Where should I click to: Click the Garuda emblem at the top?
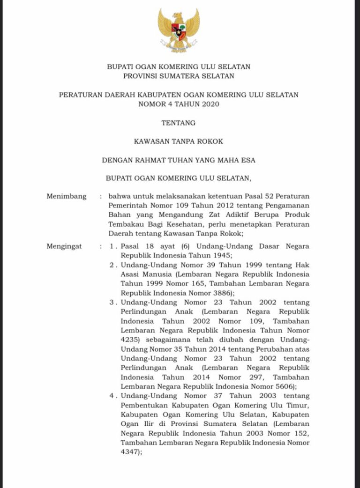(179, 30)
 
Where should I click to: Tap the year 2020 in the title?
(209, 104)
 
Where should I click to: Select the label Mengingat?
(65, 246)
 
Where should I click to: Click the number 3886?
(220, 293)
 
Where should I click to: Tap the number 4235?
(129, 340)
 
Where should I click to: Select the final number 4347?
(129, 452)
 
